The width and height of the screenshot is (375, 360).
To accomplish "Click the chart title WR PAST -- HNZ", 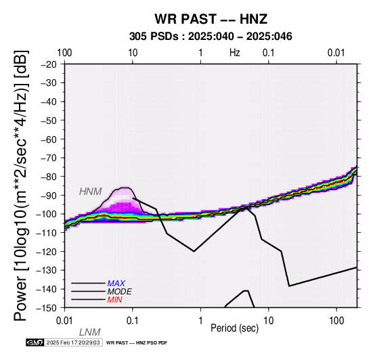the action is pos(211,19).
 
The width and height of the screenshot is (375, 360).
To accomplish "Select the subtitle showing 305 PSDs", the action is pos(211,37).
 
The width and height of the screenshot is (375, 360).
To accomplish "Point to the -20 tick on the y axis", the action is pos(49,64).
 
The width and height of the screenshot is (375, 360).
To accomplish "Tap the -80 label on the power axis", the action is pos(49,177).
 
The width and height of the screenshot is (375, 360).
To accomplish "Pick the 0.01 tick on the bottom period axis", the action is pos(64,321).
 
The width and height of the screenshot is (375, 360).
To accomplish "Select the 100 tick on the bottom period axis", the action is pos(336,321).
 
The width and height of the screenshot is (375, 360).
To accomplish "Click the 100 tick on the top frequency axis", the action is pos(64,53).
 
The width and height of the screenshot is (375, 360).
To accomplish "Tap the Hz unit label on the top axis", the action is pos(235,53).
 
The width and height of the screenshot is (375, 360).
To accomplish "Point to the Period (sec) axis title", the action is pos(235,328).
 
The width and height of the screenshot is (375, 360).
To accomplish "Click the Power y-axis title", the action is pos(21,185).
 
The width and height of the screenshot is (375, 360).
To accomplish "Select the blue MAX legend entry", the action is pos(116,284).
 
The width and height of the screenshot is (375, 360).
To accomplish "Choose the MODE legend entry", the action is pos(119,292).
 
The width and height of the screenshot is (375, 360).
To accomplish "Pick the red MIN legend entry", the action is pos(114,300).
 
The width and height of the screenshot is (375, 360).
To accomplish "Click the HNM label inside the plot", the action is pos(91,192).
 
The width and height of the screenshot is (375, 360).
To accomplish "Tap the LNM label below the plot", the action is pos(89,332).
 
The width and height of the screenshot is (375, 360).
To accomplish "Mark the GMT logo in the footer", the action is pos(35,342).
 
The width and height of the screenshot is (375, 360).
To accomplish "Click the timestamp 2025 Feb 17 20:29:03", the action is pos(73,342).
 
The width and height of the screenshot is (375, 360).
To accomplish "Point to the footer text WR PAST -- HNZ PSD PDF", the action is pos(137,343).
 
